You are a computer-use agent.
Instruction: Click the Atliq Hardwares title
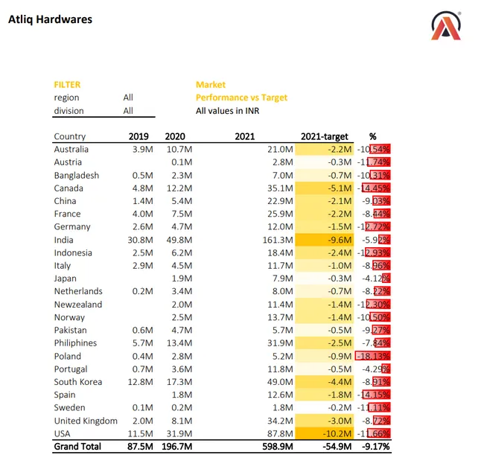[50, 19]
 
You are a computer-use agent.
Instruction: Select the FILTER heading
[67, 85]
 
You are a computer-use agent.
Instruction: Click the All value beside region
[129, 98]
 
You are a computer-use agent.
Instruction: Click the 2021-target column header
[325, 136]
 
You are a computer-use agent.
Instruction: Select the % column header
[373, 136]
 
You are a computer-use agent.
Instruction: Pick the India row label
[63, 240]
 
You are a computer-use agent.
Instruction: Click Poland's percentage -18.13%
[375, 356]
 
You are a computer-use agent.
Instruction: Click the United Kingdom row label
[86, 421]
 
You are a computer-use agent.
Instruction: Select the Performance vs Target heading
[241, 98]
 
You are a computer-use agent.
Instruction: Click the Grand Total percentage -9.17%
[375, 446]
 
